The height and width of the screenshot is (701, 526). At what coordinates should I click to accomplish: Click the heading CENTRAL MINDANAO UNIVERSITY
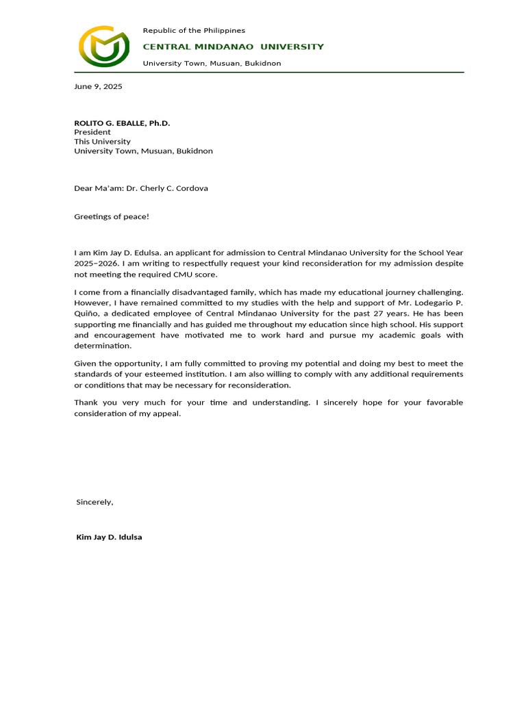click(233, 47)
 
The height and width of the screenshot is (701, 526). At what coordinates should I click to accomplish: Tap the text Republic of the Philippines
click(193, 31)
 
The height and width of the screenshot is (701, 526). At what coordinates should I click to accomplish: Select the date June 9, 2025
click(98, 87)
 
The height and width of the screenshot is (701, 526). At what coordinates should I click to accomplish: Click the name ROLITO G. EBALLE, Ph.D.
click(122, 123)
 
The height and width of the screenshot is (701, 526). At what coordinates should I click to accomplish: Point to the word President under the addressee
click(92, 132)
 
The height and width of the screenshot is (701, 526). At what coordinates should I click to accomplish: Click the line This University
click(102, 142)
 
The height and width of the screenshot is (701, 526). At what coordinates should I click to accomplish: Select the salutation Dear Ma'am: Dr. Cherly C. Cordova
click(140, 188)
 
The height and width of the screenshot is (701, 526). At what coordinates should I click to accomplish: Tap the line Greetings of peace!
click(111, 217)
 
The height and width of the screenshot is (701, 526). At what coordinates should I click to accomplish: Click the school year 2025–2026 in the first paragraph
click(97, 262)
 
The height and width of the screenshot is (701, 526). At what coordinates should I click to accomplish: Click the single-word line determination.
click(103, 346)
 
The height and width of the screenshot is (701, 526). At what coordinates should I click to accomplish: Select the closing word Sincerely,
click(95, 502)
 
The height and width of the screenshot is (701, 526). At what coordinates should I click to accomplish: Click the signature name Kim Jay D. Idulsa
click(109, 537)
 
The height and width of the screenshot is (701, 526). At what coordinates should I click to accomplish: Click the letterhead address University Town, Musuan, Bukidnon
click(212, 63)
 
